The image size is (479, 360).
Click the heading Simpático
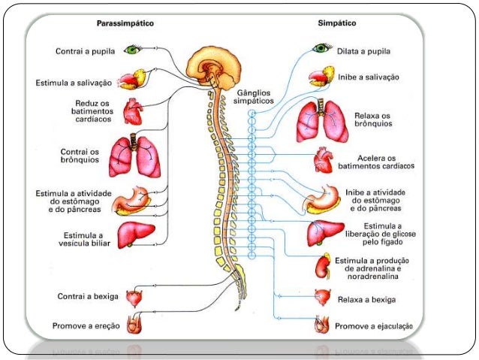point(336,24)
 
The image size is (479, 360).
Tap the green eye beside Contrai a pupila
point(134,50)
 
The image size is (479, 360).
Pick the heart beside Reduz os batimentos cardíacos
point(134,113)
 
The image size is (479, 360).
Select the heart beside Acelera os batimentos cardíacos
point(324,159)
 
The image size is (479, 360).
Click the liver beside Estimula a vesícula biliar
point(135,235)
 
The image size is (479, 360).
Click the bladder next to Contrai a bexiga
point(136,298)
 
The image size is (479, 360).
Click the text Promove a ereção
point(86,325)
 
